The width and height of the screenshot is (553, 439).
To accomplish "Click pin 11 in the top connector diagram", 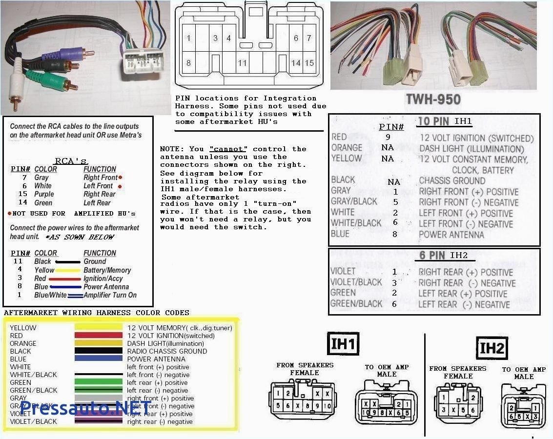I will pos(242,63).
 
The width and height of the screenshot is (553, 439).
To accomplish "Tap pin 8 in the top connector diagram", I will pos(188,63).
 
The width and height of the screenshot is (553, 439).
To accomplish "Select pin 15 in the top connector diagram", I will pos(309,63).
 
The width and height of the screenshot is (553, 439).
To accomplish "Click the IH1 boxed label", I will pos(343,344).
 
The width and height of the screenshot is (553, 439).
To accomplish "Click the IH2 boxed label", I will pos(492,348).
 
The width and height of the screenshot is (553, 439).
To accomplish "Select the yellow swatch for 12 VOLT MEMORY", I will pos(98,328).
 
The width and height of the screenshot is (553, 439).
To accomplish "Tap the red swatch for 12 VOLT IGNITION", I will pos(98,336).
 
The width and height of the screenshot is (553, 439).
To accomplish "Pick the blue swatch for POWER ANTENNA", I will pos(98,359).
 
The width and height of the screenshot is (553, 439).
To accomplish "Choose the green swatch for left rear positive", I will pos(98,382).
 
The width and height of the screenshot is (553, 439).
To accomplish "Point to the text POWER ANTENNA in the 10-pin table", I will pos(451,235).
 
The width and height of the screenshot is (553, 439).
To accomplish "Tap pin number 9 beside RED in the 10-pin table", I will pos(388,138).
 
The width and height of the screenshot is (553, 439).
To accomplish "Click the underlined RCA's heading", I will pos(71,161).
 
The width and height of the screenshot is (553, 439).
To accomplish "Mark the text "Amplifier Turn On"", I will pos(110,295).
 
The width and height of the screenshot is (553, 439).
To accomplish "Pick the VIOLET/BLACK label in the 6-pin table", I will pos(356,282).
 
